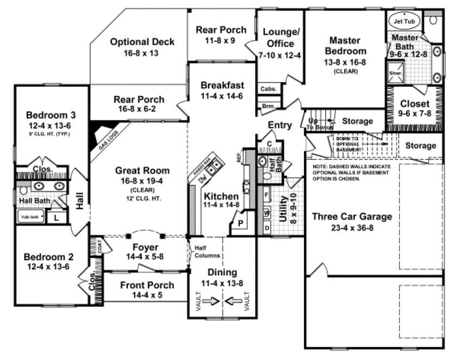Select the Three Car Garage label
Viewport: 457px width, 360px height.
352,217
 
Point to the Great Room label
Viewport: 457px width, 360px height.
139,170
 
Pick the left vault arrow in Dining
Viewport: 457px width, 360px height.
212,300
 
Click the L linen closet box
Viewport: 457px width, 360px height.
55,217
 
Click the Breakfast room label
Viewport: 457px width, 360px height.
222,85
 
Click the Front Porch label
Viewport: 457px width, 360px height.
147,285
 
